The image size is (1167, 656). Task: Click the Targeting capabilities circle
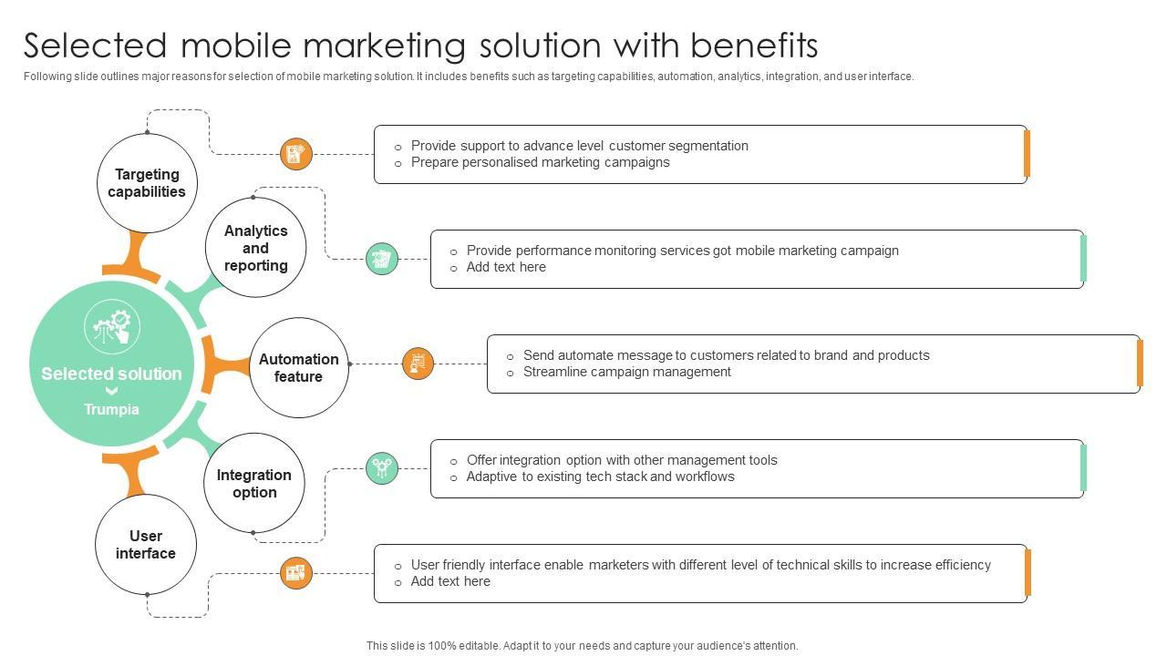coord(147,182)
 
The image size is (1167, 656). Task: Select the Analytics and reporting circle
coord(255,248)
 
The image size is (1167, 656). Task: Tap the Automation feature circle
coord(298,367)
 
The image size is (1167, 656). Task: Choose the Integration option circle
coord(253,483)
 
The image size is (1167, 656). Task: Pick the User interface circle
coord(146,544)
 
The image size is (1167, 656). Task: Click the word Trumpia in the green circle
coord(111,409)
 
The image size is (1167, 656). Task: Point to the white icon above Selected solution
coord(112,329)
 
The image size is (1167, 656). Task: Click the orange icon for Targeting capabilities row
coord(295,154)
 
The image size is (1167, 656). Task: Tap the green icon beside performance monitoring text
coord(382,259)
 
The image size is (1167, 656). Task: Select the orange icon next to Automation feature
coord(418,364)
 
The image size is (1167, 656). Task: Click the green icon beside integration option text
coord(382,468)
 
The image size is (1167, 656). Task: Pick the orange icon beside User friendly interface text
coord(295,573)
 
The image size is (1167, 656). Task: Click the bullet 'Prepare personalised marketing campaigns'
coord(540,162)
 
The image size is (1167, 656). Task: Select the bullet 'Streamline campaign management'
coord(626,372)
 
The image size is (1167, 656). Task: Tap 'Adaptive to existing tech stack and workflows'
coord(600,477)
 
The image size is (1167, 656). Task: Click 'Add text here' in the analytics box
coord(506,267)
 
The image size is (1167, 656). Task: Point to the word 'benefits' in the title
coord(753,46)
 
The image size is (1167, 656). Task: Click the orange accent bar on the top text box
coord(1027,154)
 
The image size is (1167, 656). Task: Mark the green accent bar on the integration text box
coord(1083,468)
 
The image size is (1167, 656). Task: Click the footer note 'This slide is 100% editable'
coord(582,645)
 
